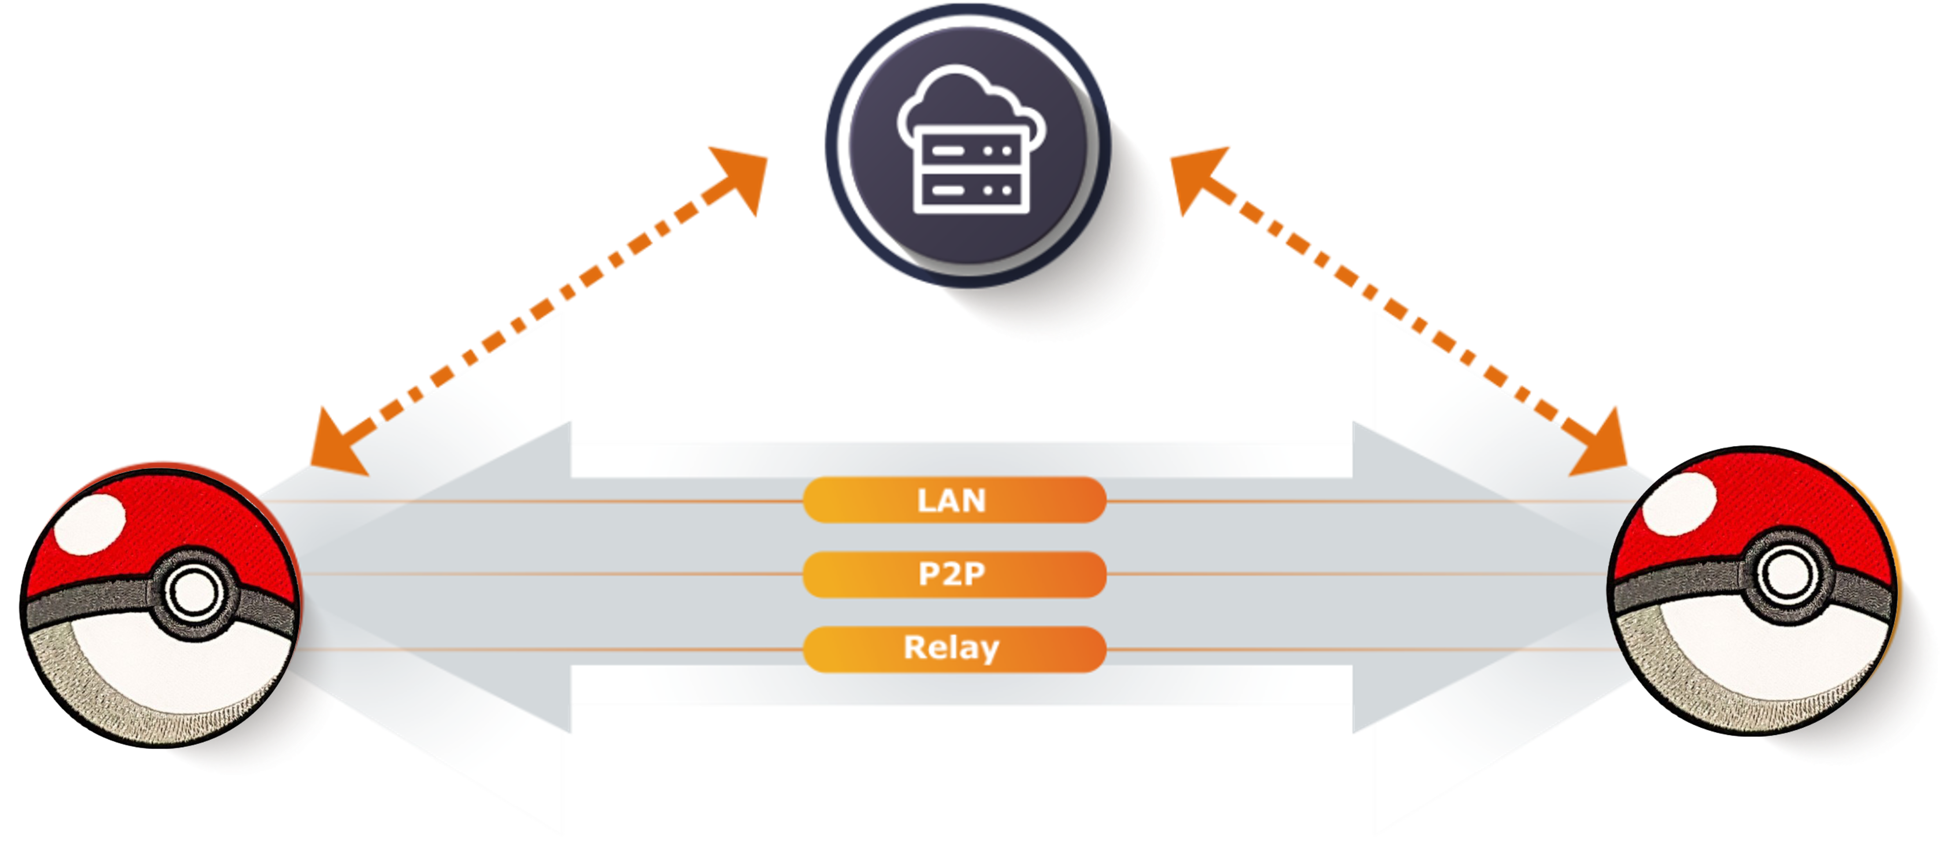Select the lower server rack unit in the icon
972,189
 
